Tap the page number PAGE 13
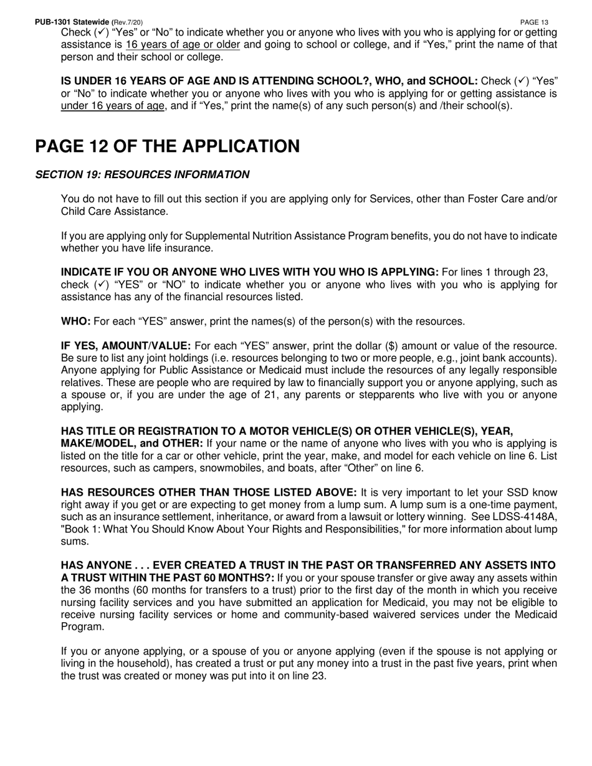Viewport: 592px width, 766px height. [x=534, y=22]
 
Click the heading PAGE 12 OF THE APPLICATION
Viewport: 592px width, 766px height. [x=167, y=146]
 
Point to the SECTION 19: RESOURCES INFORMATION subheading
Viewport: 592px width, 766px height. [x=142, y=175]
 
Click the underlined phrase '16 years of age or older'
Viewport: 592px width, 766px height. [x=183, y=45]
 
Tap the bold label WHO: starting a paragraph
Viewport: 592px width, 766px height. [x=75, y=321]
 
